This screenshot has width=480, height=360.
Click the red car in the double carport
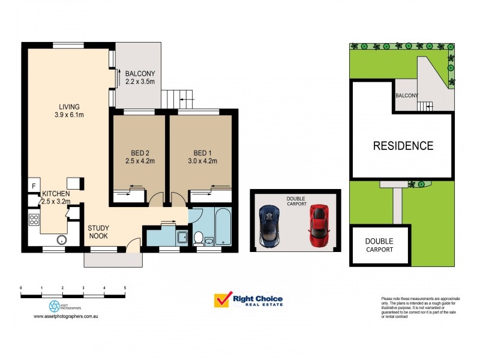point(320,225)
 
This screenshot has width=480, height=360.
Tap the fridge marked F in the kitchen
point(33,186)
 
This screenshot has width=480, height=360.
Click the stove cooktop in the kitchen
point(33,220)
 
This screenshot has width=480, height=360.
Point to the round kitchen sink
point(61,240)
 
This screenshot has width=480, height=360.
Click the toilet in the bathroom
point(197,238)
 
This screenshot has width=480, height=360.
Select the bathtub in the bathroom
point(223,226)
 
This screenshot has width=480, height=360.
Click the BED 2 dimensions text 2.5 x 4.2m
point(139,161)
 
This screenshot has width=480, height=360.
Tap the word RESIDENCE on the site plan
point(403,145)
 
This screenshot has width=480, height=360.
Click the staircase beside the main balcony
point(178,97)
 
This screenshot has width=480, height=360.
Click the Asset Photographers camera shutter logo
point(55,307)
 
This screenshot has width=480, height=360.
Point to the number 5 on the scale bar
point(125,289)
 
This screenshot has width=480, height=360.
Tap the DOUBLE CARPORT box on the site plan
point(380,245)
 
